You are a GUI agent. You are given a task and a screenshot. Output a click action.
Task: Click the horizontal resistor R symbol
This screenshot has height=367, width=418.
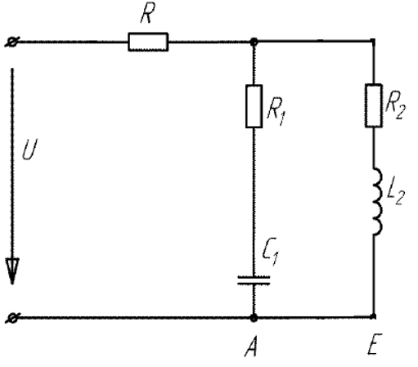(148, 42)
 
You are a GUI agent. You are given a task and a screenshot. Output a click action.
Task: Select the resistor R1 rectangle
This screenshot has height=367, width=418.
(254, 106)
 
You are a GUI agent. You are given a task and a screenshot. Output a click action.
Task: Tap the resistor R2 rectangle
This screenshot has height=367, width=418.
(373, 105)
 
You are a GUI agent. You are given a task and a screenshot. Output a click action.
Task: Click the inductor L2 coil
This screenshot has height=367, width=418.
(377, 201)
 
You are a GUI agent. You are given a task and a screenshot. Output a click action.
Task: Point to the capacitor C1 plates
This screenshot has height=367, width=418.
(254, 280)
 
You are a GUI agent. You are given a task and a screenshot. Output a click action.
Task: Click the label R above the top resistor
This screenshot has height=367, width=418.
(147, 13)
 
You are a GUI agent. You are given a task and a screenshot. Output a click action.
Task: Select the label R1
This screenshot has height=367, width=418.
(276, 111)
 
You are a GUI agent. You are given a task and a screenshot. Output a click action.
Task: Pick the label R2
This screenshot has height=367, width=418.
(395, 105)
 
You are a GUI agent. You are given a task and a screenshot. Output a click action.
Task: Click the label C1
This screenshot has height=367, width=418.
(271, 251)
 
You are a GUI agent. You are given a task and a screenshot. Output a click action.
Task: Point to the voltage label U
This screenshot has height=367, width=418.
(29, 150)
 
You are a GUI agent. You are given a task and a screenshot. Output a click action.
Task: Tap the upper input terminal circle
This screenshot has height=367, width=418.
(12, 43)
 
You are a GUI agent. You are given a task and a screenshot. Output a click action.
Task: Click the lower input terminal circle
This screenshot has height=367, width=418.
(12, 318)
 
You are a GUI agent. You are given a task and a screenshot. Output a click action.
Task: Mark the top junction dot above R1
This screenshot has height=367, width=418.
(254, 42)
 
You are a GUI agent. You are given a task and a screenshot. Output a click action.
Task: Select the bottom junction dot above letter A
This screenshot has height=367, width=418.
(254, 318)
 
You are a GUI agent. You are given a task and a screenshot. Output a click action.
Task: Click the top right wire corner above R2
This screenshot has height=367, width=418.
(373, 41)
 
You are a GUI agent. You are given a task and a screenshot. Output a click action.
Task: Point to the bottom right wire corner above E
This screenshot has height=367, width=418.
(374, 316)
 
